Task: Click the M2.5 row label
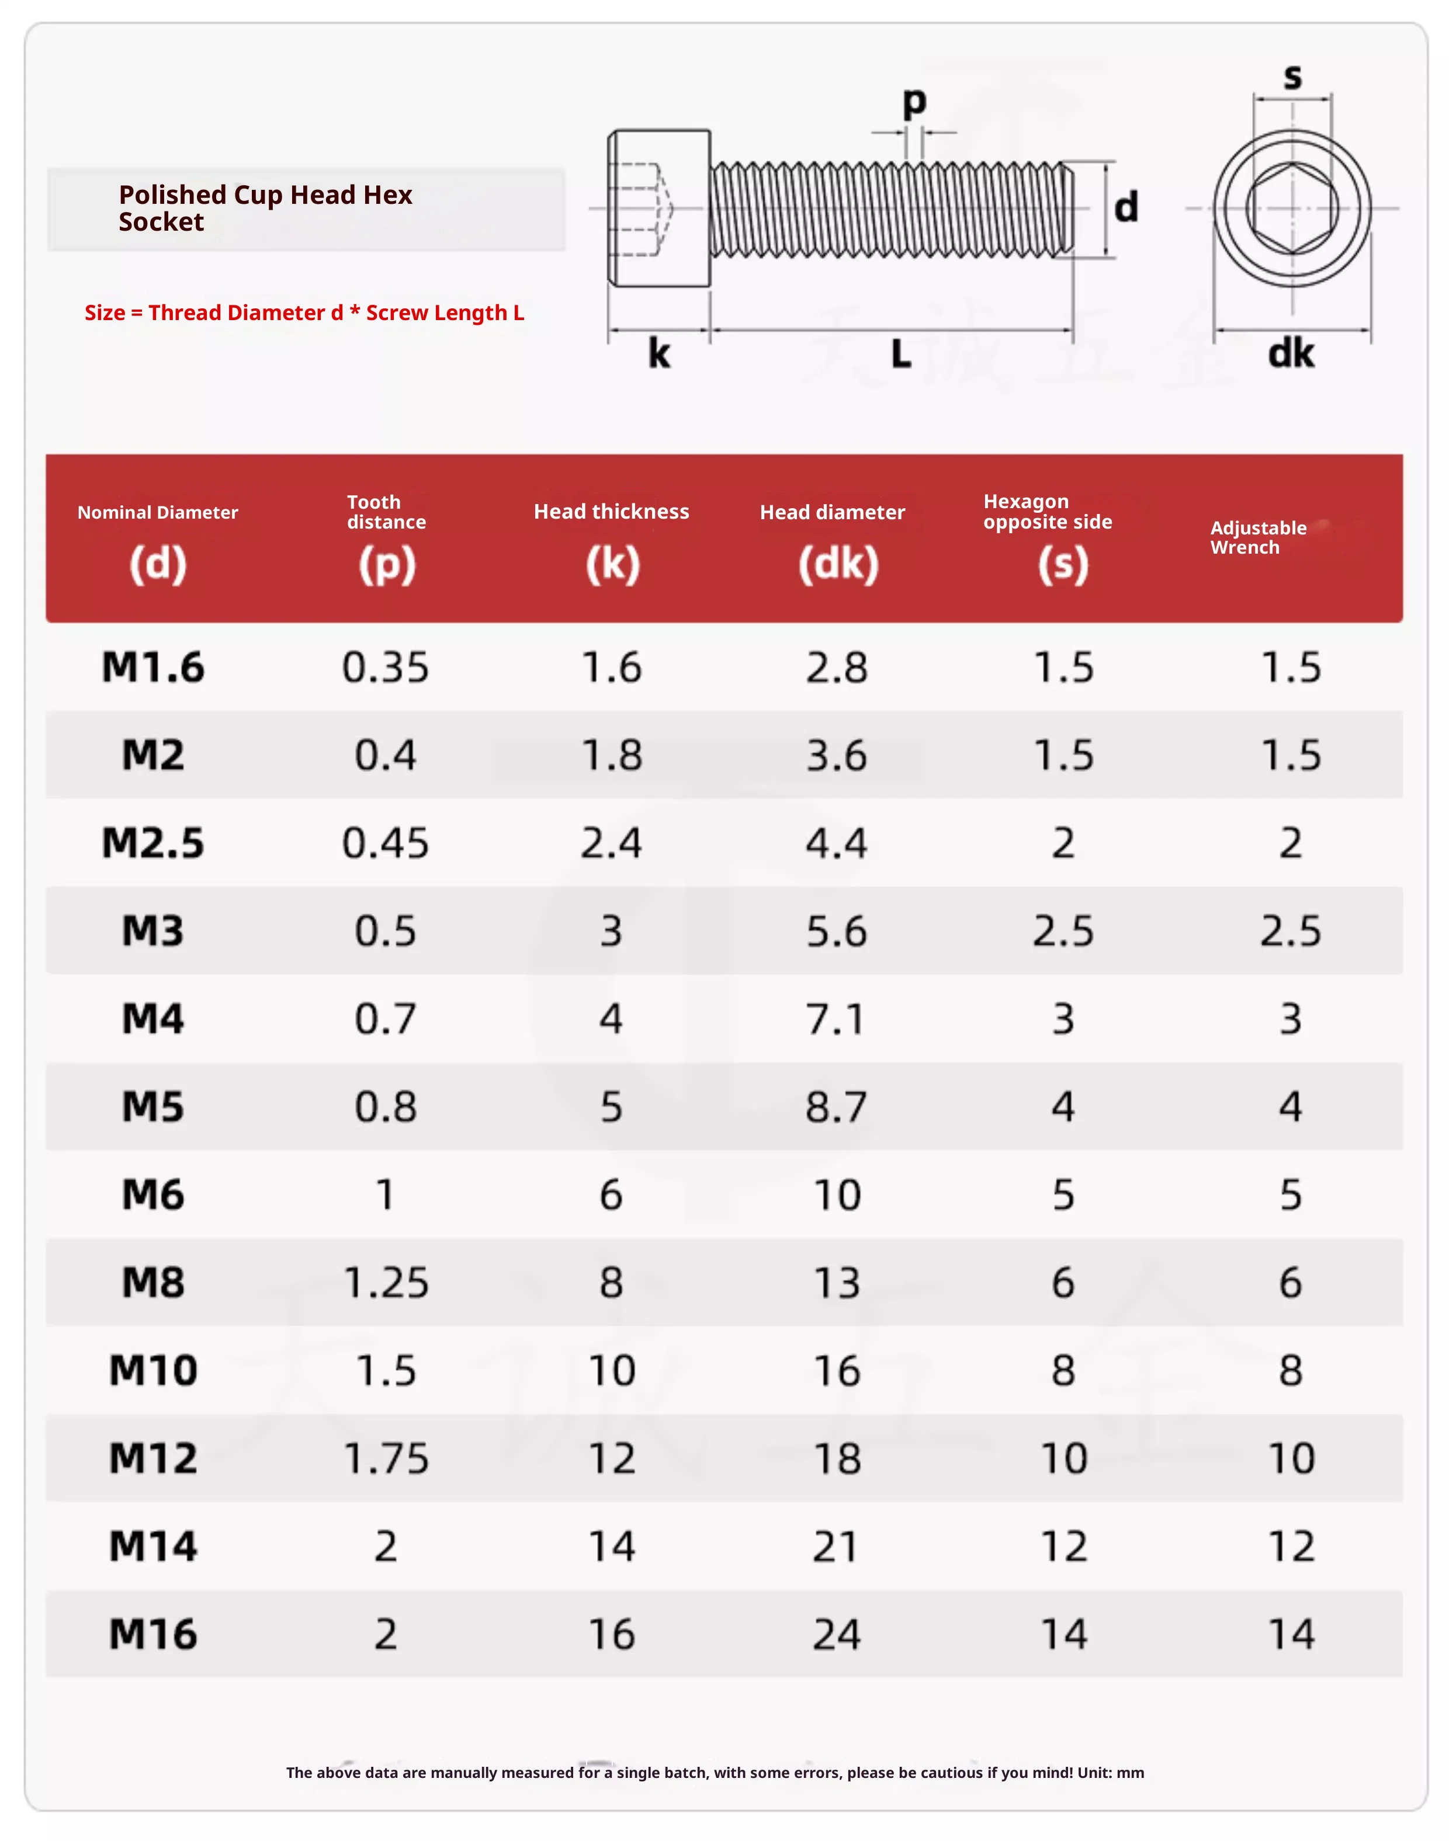(154, 843)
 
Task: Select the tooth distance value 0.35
(386, 668)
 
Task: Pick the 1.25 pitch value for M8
(386, 1282)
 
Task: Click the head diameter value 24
(837, 1634)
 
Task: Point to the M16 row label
(154, 1634)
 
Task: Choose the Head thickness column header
(612, 511)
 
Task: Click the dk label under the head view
(1291, 353)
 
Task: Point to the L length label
(901, 353)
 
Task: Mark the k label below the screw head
(659, 353)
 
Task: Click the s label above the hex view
(1293, 77)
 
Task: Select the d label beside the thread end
(1126, 207)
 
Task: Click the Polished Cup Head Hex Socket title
(265, 208)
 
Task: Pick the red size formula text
(304, 313)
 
